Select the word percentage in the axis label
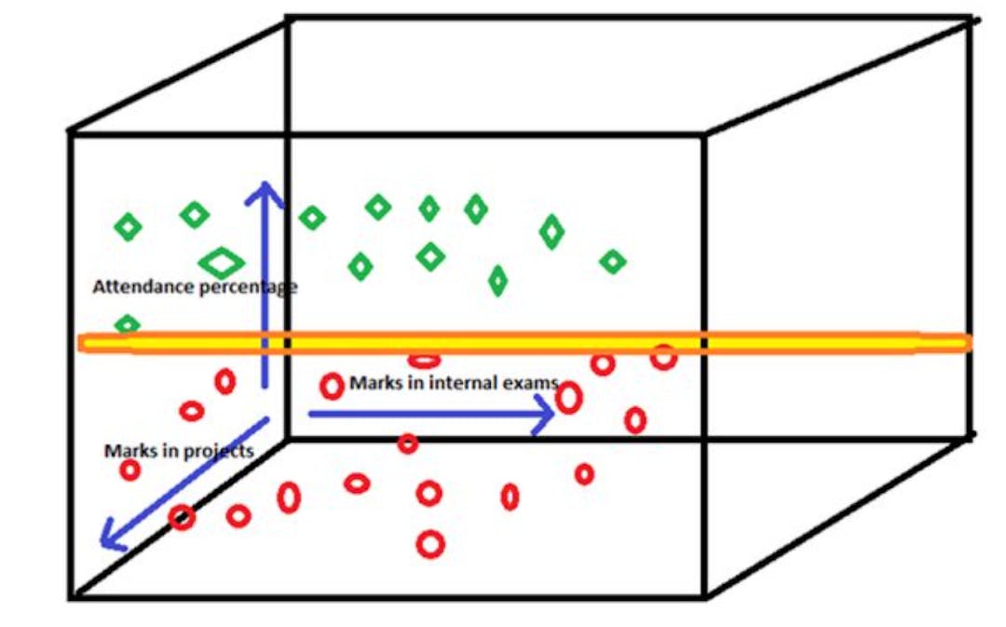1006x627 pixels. (x=248, y=287)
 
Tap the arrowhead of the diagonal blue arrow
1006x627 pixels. (x=113, y=538)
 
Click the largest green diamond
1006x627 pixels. (x=222, y=262)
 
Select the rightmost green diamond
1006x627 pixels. (x=612, y=263)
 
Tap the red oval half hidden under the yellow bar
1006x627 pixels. (x=424, y=360)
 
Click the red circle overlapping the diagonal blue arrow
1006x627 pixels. (x=182, y=517)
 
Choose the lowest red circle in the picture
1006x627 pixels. (x=429, y=543)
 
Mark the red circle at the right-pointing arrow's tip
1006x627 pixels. (x=569, y=398)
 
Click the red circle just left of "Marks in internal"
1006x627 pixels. (x=332, y=385)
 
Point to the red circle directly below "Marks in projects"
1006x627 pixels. (x=130, y=470)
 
